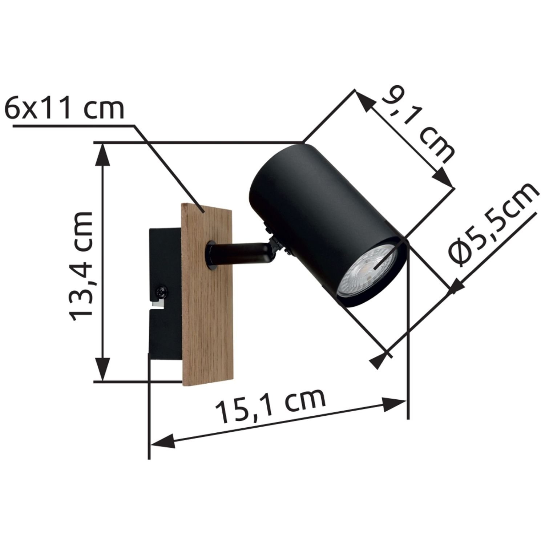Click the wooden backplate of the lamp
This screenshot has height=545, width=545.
[x=207, y=294]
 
